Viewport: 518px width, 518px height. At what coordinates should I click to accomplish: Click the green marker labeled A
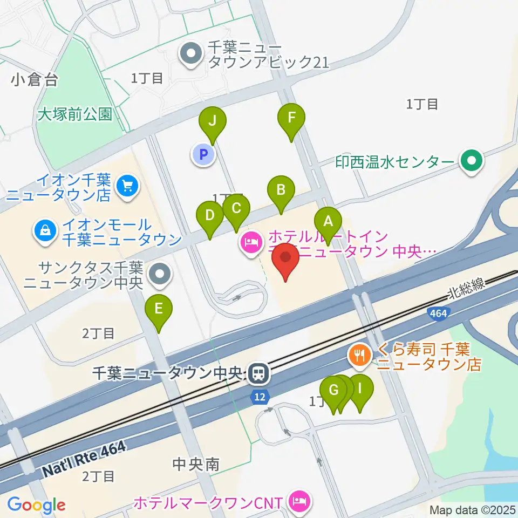(x=327, y=221)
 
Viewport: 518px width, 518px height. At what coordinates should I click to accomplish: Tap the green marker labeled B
(x=281, y=190)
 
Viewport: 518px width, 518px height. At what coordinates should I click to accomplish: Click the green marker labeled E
(x=158, y=309)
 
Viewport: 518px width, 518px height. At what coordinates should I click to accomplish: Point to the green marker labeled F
(x=291, y=118)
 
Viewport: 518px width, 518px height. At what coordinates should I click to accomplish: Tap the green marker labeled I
(x=360, y=388)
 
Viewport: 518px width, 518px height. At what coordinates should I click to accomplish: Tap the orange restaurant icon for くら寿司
(x=359, y=355)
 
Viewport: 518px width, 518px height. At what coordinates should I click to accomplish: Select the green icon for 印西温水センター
(x=472, y=161)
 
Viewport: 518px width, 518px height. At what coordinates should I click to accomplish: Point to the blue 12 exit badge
(x=260, y=397)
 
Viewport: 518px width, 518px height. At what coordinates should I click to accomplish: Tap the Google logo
(x=36, y=505)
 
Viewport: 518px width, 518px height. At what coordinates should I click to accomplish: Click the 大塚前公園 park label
(x=75, y=114)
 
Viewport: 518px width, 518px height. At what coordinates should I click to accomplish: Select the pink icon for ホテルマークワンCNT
(x=298, y=502)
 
